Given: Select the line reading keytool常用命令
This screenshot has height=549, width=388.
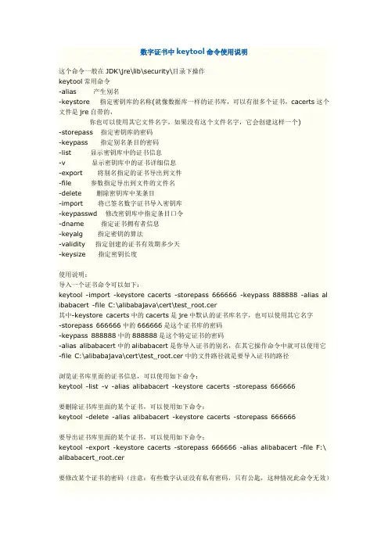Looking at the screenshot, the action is pyautogui.click(x=85, y=81).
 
